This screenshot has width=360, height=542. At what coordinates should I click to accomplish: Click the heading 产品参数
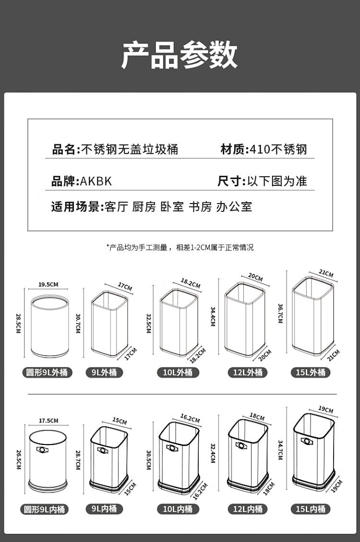(180, 55)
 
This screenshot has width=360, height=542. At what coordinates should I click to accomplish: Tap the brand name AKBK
(96, 181)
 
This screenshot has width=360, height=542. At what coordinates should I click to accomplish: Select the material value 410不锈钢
(278, 149)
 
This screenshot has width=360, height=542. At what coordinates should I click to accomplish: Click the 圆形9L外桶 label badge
(47, 372)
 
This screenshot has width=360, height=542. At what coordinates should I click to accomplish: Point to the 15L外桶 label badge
(311, 372)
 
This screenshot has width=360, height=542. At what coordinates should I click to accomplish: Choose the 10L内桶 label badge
(178, 509)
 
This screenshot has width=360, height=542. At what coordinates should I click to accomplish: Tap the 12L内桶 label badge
(248, 509)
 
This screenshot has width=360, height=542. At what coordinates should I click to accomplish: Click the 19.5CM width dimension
(48, 285)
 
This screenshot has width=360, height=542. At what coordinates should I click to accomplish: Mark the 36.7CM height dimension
(280, 313)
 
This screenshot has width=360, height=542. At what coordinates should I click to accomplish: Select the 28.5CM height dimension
(18, 323)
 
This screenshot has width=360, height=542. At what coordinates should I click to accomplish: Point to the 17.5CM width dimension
(48, 421)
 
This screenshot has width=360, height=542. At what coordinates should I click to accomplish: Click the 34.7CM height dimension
(280, 450)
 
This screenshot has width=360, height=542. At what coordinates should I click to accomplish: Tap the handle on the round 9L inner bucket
(42, 450)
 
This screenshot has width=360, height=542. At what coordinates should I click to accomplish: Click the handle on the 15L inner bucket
(306, 441)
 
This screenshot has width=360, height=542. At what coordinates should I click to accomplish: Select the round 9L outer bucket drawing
(50, 326)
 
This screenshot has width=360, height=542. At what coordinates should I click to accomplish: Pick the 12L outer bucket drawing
(245, 319)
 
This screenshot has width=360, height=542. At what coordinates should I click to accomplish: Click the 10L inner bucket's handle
(172, 448)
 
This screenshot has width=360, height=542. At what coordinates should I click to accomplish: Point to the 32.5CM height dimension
(149, 323)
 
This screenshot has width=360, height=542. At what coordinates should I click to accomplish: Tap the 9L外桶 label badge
(104, 372)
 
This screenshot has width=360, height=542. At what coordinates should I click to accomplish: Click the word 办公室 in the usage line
(234, 207)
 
